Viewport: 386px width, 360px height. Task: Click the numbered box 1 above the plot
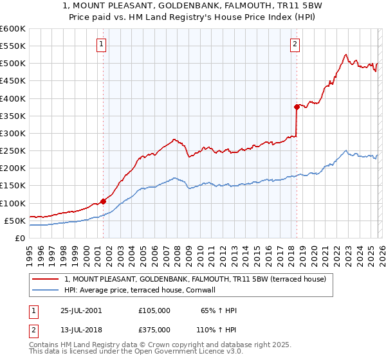pos(102,44)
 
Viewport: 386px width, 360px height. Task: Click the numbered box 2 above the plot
pos(295,44)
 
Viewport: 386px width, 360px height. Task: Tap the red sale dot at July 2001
pos(103,201)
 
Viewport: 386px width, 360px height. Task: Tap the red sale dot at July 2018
pos(297,107)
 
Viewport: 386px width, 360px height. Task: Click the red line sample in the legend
pos(46,279)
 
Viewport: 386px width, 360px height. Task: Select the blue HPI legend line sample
pos(46,290)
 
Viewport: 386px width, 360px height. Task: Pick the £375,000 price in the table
pos(154,329)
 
